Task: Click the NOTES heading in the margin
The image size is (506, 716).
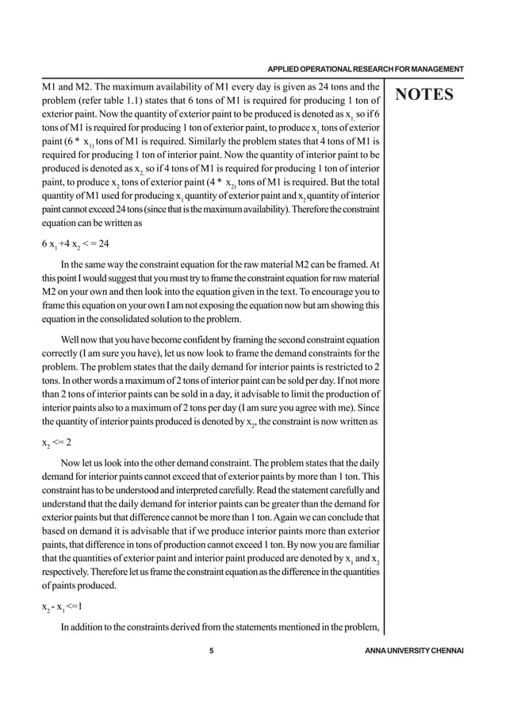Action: [424, 96]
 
